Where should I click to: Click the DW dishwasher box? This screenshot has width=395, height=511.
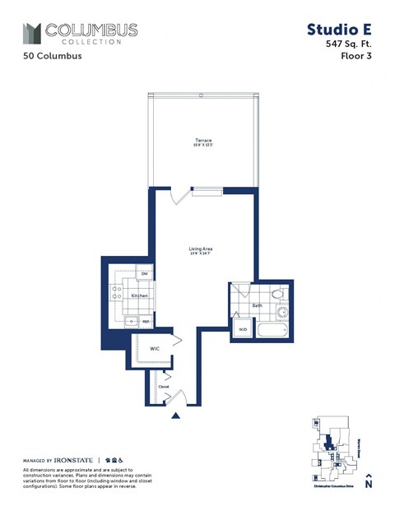point(144,274)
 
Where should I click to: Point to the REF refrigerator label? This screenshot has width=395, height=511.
point(146,323)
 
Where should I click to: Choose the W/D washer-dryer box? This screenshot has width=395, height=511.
point(243,329)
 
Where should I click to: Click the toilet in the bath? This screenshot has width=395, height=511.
point(277,294)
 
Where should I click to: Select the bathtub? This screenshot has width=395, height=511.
point(273,332)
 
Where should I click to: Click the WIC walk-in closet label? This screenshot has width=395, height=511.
point(154,349)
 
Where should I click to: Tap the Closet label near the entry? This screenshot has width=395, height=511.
point(163,385)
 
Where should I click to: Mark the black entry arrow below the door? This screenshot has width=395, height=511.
point(174,416)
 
